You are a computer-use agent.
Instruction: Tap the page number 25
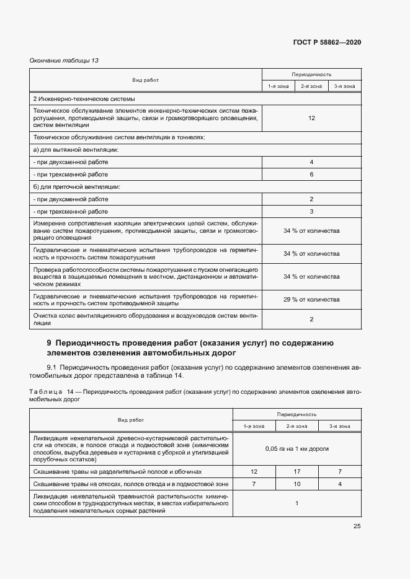tap(357, 526)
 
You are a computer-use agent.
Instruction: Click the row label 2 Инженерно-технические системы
tap(84, 99)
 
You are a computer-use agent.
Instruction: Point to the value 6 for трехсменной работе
tap(311, 175)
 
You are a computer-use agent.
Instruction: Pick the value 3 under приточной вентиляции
tap(311, 212)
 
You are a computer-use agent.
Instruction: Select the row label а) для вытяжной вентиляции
tap(76, 150)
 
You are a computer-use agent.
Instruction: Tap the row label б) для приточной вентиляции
tap(77, 187)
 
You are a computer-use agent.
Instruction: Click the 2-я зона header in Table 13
tap(311, 87)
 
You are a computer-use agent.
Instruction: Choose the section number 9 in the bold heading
tap(50, 343)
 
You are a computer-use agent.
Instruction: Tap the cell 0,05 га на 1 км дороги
tap(296, 448)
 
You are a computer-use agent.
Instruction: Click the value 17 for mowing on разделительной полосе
tap(296, 471)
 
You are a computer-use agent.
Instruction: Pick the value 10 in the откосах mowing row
tap(296, 483)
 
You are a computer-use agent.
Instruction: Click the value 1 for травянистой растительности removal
tap(296, 503)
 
